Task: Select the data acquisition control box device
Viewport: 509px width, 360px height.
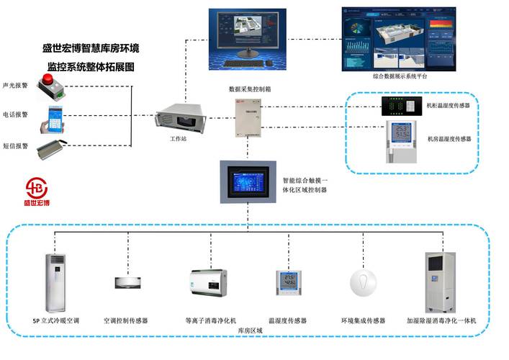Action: tap(248, 118)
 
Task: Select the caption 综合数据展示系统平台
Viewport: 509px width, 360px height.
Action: tap(400, 76)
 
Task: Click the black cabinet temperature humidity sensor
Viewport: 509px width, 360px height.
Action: tap(400, 106)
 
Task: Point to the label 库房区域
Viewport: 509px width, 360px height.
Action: tap(250, 329)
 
